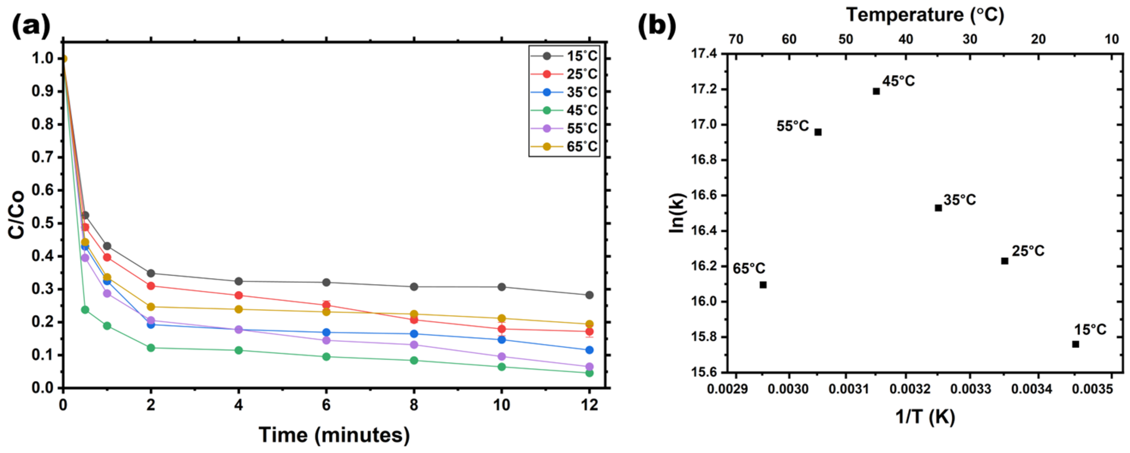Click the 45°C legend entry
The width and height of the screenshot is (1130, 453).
[564, 110]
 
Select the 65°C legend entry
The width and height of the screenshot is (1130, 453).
[564, 146]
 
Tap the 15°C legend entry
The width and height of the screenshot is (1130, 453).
[564, 56]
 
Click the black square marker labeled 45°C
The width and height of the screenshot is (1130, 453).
[876, 91]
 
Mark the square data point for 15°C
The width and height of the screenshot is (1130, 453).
[1076, 344]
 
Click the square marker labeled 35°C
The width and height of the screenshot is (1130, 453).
[938, 208]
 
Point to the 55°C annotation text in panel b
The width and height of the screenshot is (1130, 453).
[792, 126]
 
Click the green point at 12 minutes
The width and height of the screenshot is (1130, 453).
[589, 373]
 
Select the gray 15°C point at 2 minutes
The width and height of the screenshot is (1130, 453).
[151, 274]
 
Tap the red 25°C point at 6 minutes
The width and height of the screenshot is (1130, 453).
[326, 305]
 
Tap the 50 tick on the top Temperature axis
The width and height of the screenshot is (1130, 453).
[846, 39]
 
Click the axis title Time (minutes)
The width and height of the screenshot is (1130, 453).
[334, 435]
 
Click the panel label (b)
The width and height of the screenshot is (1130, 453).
[656, 25]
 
